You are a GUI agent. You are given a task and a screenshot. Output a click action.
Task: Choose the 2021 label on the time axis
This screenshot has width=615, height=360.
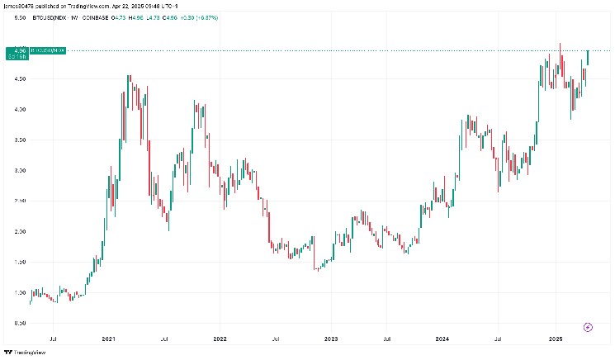point(108,339)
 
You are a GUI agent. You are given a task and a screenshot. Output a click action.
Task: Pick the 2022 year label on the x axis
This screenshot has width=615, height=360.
point(220,339)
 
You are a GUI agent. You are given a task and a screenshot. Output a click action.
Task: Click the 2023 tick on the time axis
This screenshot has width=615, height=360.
point(331,339)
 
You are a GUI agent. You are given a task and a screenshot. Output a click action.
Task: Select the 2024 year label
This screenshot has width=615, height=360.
point(442,339)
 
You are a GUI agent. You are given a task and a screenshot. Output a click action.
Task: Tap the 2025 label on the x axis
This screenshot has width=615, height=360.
point(555,339)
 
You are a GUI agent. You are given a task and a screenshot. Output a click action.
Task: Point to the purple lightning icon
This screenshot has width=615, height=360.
point(588,327)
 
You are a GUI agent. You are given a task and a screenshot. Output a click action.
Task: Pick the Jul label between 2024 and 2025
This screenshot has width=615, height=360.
point(499,339)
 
